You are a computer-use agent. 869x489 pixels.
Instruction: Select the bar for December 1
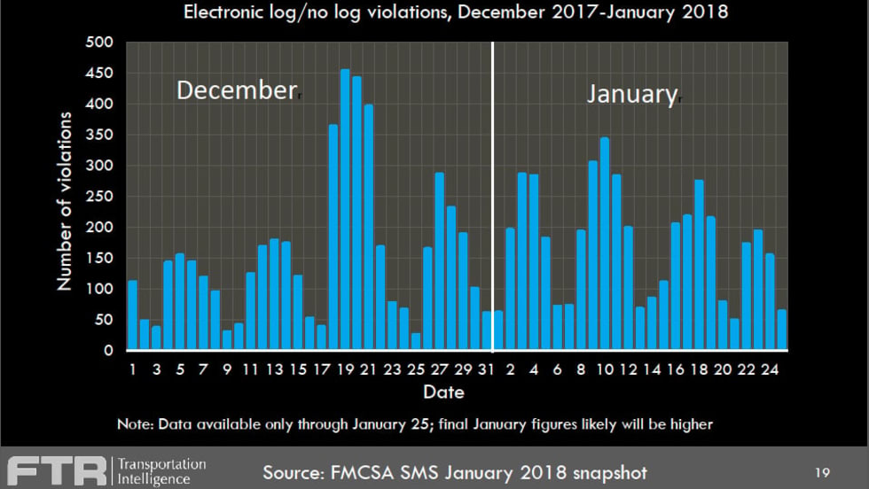click(132, 315)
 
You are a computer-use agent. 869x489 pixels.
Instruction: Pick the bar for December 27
click(439, 261)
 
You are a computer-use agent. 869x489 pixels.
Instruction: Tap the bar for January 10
click(605, 244)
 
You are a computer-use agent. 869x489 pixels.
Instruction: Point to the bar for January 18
click(699, 265)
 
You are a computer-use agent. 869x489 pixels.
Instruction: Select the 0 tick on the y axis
click(107, 351)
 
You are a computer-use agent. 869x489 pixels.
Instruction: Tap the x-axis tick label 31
click(486, 369)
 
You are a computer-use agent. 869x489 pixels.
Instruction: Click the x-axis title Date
click(442, 391)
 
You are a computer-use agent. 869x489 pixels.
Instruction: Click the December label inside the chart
click(234, 90)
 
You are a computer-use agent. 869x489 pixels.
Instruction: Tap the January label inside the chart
click(631, 94)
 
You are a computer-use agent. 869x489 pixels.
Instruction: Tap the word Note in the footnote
click(134, 424)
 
